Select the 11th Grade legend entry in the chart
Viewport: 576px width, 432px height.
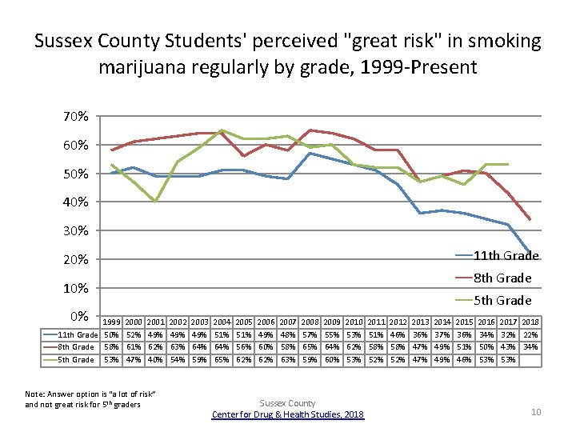point(503,256)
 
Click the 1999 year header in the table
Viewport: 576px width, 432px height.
point(112,322)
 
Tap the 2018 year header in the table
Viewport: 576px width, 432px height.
point(530,322)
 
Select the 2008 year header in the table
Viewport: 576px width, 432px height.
point(310,322)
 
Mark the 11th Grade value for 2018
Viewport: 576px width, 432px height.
point(530,334)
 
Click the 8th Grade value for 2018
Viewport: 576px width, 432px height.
point(530,346)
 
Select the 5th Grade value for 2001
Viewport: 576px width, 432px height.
point(155,359)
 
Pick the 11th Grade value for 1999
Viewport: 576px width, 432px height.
point(112,334)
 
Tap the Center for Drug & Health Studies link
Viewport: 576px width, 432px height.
point(288,414)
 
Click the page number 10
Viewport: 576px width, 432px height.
point(536,411)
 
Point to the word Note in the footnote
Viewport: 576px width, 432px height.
point(35,394)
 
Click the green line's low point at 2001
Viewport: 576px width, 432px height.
point(155,202)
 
